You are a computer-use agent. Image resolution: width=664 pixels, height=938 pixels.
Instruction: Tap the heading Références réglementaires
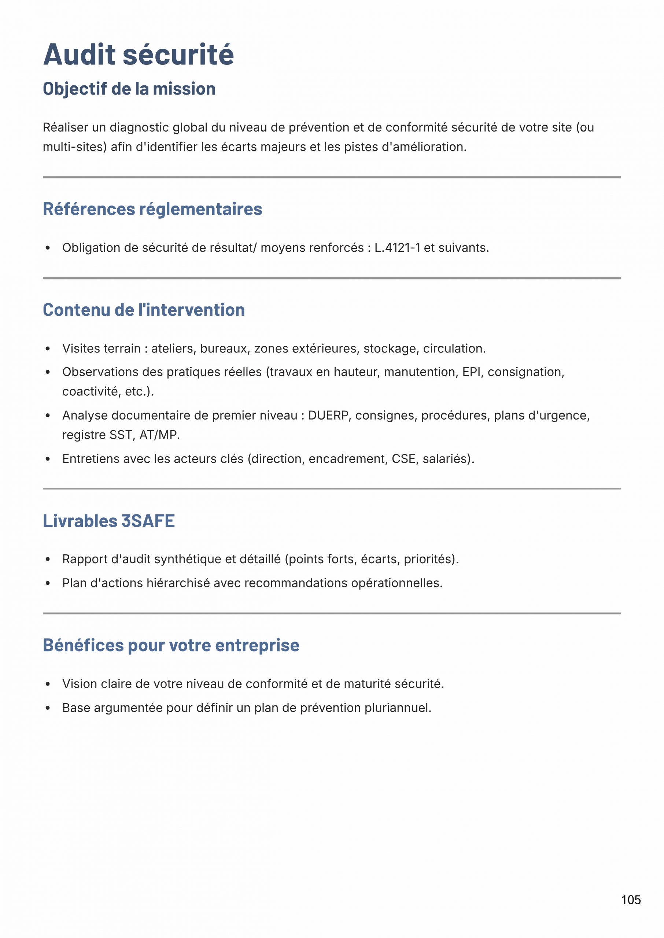(x=152, y=209)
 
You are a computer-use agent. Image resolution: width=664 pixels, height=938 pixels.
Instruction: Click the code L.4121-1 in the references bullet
(x=397, y=248)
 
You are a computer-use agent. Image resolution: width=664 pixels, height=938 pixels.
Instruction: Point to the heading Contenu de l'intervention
(x=144, y=310)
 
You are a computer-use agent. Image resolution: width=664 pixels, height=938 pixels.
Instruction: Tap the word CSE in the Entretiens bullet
(x=403, y=459)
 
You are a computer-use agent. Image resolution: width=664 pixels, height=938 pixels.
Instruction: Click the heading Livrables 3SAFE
(x=109, y=521)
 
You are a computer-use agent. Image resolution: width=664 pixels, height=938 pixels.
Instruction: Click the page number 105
(x=631, y=900)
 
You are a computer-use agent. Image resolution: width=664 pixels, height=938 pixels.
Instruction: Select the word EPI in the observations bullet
(x=471, y=372)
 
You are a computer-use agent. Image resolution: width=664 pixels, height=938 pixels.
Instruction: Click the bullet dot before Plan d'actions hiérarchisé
(x=48, y=583)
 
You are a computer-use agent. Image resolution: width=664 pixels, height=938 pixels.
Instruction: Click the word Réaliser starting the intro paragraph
(x=66, y=128)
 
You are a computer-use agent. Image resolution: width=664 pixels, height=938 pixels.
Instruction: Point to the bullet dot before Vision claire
(x=48, y=684)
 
